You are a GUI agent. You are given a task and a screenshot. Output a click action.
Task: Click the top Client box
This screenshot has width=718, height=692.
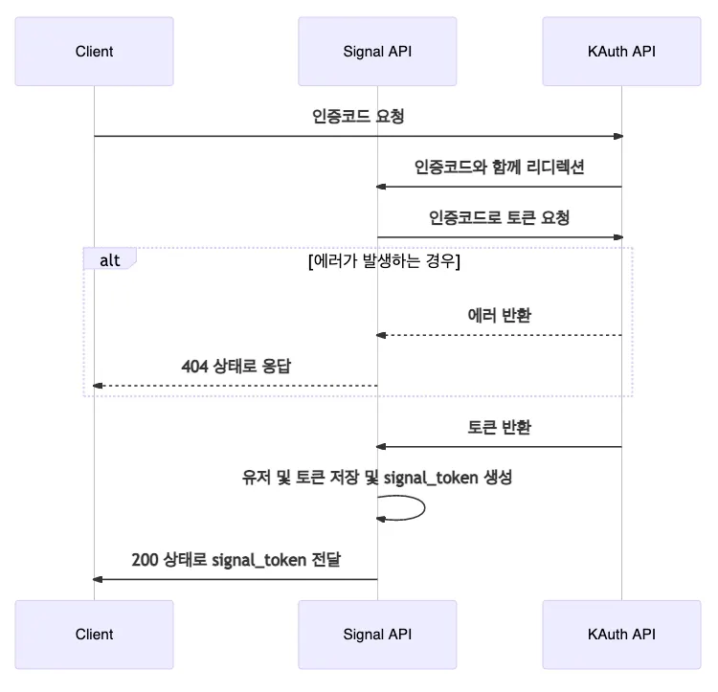tap(94, 51)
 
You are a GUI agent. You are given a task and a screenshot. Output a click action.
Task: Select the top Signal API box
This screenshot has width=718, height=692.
tap(376, 51)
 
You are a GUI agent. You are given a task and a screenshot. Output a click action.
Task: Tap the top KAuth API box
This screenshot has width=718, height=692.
tap(621, 51)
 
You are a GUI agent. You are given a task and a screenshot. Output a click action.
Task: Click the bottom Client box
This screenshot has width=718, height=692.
tap(94, 634)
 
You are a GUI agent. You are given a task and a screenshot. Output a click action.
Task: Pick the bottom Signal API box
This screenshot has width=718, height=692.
tap(376, 634)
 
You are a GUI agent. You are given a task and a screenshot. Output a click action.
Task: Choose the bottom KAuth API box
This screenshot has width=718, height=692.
tap(621, 634)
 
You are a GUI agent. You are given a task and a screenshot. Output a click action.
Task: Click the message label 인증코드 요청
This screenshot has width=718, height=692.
tap(358, 117)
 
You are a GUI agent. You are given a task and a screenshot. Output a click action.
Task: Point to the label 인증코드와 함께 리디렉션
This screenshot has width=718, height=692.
tap(499, 167)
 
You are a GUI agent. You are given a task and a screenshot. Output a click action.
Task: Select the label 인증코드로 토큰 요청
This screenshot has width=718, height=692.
tap(499, 217)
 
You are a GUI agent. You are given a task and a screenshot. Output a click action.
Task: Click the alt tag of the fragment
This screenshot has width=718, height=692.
tap(109, 259)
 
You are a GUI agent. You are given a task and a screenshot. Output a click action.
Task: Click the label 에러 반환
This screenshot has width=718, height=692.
tap(499, 315)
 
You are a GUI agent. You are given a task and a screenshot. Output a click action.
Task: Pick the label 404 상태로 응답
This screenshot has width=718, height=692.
tap(235, 366)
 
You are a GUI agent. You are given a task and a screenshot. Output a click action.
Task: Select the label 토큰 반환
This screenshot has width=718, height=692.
tap(499, 427)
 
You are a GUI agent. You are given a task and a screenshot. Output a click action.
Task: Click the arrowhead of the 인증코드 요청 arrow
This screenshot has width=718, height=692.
tap(618, 136)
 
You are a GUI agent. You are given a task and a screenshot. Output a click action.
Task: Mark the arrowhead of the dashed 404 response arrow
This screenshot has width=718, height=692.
tap(97, 386)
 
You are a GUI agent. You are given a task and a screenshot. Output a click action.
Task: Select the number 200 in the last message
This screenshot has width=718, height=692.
tap(145, 559)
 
